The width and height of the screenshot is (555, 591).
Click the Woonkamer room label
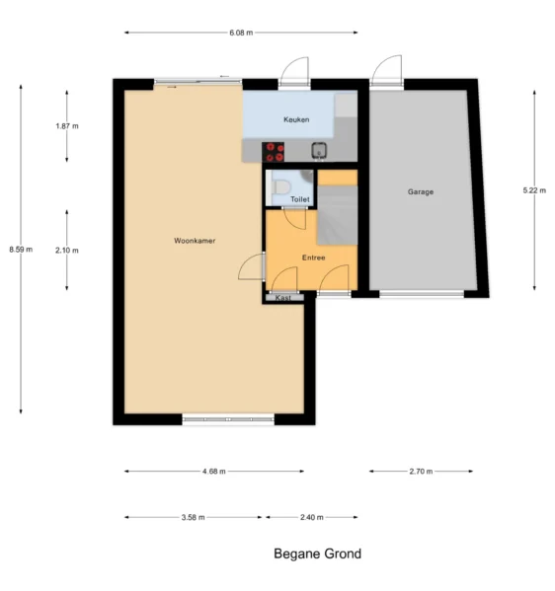tap(195, 241)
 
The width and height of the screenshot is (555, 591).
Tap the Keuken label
tap(296, 119)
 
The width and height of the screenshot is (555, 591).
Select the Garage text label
tap(421, 191)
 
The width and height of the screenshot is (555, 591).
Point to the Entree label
tap(313, 258)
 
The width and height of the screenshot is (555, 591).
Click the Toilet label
tap(300, 199)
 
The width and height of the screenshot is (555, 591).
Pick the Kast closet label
tap(283, 298)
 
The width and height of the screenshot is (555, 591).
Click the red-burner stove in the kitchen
tap(274, 152)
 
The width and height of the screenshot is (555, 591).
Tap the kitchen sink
tap(319, 150)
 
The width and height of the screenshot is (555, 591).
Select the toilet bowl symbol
tap(280, 187)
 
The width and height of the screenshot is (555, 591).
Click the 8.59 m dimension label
tap(21, 250)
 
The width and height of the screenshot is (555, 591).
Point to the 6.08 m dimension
tap(241, 33)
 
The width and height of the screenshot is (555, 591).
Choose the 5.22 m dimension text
tap(534, 190)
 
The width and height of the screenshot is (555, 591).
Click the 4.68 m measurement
tap(214, 472)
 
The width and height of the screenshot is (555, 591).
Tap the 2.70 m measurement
tap(421, 472)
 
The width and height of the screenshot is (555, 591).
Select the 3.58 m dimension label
tap(194, 518)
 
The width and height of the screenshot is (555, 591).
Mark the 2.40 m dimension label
tap(312, 518)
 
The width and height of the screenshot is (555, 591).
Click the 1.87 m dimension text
tap(67, 126)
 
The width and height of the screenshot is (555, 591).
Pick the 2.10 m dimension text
tap(67, 251)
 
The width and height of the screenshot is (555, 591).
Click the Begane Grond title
tap(317, 554)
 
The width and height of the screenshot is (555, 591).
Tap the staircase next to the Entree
tap(338, 215)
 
